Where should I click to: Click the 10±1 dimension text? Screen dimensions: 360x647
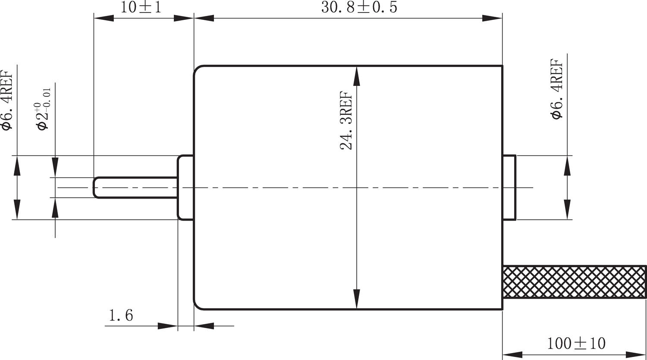141,7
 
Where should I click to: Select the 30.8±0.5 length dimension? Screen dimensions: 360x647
359,7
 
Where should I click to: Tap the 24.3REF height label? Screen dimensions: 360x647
346,120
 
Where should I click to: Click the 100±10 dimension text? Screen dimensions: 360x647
576,344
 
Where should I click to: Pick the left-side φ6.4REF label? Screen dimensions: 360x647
7,100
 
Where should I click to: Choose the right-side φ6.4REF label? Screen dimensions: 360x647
557,89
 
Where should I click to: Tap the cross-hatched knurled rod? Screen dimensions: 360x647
575,282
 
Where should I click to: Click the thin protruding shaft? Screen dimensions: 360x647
136,187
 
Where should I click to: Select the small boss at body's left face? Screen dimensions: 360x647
185,187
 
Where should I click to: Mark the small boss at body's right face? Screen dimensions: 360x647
509,187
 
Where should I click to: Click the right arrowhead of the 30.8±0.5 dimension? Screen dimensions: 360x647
492,19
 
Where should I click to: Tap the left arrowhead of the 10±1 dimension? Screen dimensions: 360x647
104,19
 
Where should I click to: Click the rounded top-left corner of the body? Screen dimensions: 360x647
197,69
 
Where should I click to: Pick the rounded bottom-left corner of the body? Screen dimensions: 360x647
197,306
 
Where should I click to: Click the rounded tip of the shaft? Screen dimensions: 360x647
96,187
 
